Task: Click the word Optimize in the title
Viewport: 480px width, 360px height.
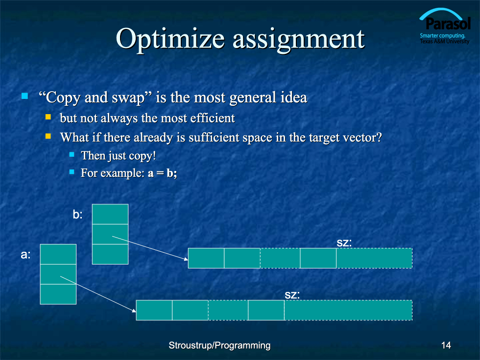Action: (x=170, y=39)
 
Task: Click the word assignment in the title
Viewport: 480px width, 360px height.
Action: (x=299, y=40)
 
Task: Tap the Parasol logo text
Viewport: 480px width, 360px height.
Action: (x=448, y=24)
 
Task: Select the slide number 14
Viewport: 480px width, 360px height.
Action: (x=446, y=345)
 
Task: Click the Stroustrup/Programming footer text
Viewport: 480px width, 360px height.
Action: (x=219, y=346)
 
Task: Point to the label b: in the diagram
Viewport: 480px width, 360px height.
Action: (x=78, y=215)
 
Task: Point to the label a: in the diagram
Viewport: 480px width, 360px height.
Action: (x=25, y=254)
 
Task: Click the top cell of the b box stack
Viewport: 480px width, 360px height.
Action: (x=110, y=214)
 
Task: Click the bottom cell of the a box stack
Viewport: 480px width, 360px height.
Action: (x=58, y=294)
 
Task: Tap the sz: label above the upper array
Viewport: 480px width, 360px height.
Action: (x=344, y=243)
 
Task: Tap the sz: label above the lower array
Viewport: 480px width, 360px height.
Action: (x=292, y=295)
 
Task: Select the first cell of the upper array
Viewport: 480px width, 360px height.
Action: (x=206, y=258)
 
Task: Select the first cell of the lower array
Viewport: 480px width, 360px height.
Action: (x=154, y=310)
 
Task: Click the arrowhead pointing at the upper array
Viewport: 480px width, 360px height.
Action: (x=186, y=259)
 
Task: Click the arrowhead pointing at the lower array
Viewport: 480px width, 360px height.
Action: (x=134, y=311)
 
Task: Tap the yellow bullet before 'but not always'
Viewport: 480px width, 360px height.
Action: (x=48, y=117)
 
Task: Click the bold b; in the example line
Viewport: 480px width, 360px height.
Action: (x=172, y=173)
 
